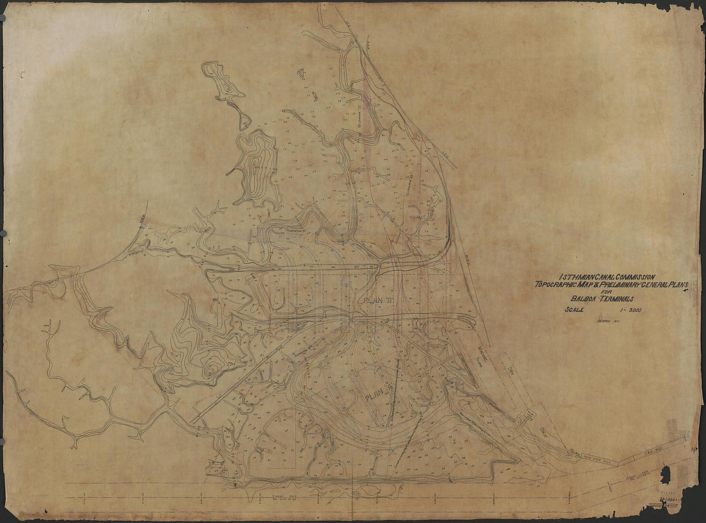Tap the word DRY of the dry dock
click(x=511, y=369)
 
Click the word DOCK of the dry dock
click(x=546, y=426)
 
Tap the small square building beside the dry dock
click(x=530, y=415)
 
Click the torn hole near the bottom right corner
click(x=665, y=475)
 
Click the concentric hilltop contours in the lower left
click(x=210, y=370)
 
